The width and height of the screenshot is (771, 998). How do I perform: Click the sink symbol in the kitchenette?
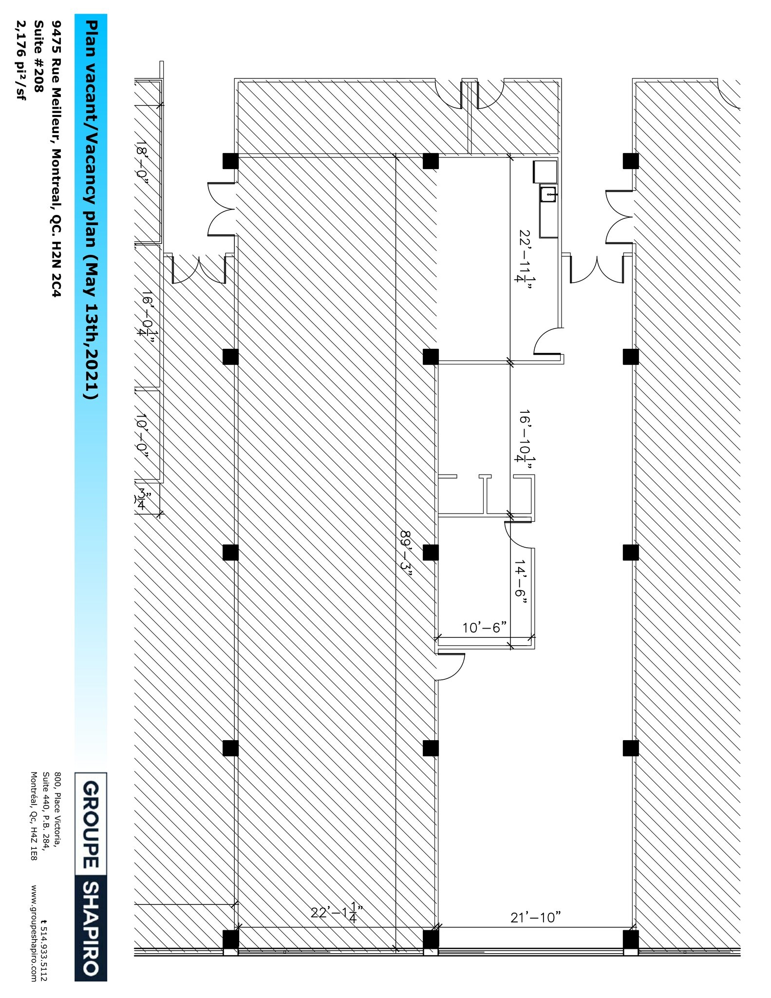[x=548, y=194]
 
